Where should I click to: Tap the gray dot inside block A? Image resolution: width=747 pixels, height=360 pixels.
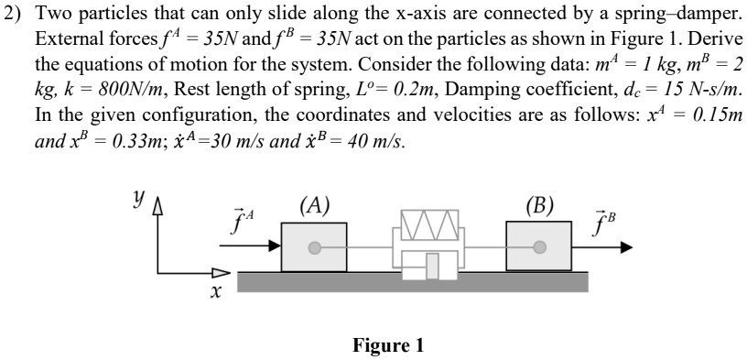[x=314, y=246]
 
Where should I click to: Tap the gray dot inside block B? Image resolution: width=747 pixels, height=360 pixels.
[x=540, y=246]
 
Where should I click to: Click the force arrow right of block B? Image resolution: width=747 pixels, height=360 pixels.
[x=603, y=246]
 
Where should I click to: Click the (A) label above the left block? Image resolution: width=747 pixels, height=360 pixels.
[x=315, y=204]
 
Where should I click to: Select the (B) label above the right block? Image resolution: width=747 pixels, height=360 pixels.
[x=539, y=203]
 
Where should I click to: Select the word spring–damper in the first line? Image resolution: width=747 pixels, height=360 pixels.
[x=674, y=18]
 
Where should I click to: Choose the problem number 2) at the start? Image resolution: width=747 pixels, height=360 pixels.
[x=14, y=18]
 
